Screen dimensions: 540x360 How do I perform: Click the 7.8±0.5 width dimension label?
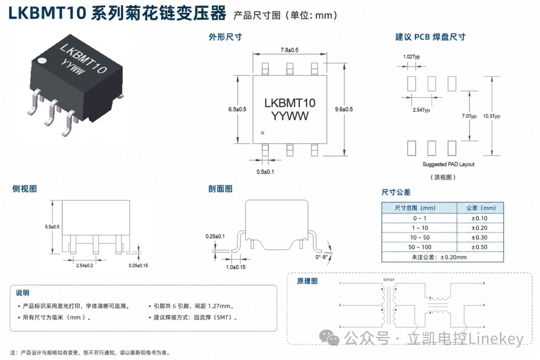289,50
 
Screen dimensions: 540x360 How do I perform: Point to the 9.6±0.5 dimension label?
343,109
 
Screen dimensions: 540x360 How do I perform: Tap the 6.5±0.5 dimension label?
237,109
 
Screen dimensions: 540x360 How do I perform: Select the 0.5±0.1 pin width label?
265,171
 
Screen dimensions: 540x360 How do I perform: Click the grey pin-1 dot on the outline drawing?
262,133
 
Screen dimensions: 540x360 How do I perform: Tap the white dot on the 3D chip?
41,61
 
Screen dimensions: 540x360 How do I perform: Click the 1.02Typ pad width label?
411,56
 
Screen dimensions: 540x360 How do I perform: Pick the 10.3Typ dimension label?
491,116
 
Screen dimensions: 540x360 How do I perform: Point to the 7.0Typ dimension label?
469,116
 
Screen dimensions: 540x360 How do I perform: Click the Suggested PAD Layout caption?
448,164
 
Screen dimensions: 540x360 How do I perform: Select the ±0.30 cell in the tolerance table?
479,237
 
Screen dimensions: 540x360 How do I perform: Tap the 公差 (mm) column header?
481,207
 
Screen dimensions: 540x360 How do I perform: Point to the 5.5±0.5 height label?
52,226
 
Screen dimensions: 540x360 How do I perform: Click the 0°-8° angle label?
321,257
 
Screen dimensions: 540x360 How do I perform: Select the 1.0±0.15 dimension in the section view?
235,267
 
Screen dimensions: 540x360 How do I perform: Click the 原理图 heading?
307,281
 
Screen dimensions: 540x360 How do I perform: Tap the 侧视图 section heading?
24,189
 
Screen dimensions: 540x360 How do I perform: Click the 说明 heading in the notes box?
22,293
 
